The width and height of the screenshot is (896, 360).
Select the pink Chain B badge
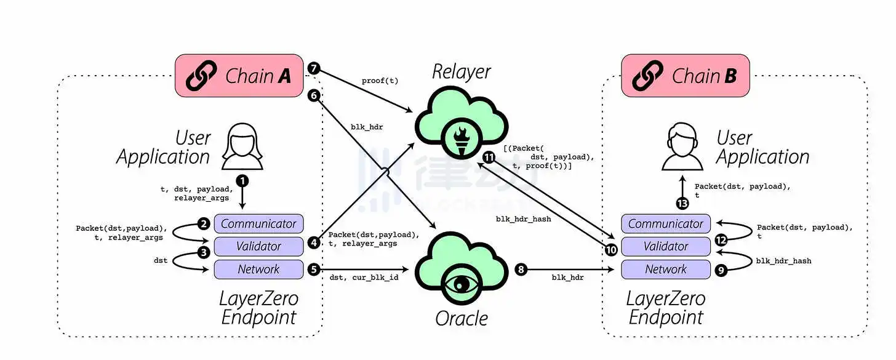(x=685, y=76)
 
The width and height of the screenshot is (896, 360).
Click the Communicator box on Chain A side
(x=258, y=223)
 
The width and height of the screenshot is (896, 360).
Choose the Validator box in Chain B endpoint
(x=665, y=246)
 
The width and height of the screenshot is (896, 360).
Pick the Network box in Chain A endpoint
(x=258, y=269)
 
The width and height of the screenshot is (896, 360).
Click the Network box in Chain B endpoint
(x=665, y=269)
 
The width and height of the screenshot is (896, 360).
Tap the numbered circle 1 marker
(x=243, y=181)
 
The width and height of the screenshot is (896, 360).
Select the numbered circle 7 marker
(x=314, y=68)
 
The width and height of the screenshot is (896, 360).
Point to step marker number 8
(x=521, y=270)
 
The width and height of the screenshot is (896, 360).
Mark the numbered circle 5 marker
(x=314, y=270)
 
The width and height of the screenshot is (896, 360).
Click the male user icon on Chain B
(x=682, y=148)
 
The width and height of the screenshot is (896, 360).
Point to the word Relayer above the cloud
(x=461, y=72)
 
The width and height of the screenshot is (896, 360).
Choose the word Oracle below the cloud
(x=461, y=318)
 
